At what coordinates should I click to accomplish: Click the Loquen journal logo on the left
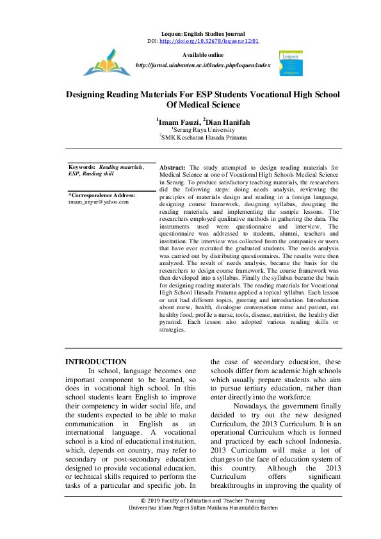106,62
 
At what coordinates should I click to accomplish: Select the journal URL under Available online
203,65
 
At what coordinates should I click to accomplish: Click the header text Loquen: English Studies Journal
202,33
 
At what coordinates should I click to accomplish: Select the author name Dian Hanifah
229,122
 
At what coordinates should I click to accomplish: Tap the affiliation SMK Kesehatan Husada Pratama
204,137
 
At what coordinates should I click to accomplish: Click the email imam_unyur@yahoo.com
99,201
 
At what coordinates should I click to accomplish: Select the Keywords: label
82,166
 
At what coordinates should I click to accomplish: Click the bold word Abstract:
172,166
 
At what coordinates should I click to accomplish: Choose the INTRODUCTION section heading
96,362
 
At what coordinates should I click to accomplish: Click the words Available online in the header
202,56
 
